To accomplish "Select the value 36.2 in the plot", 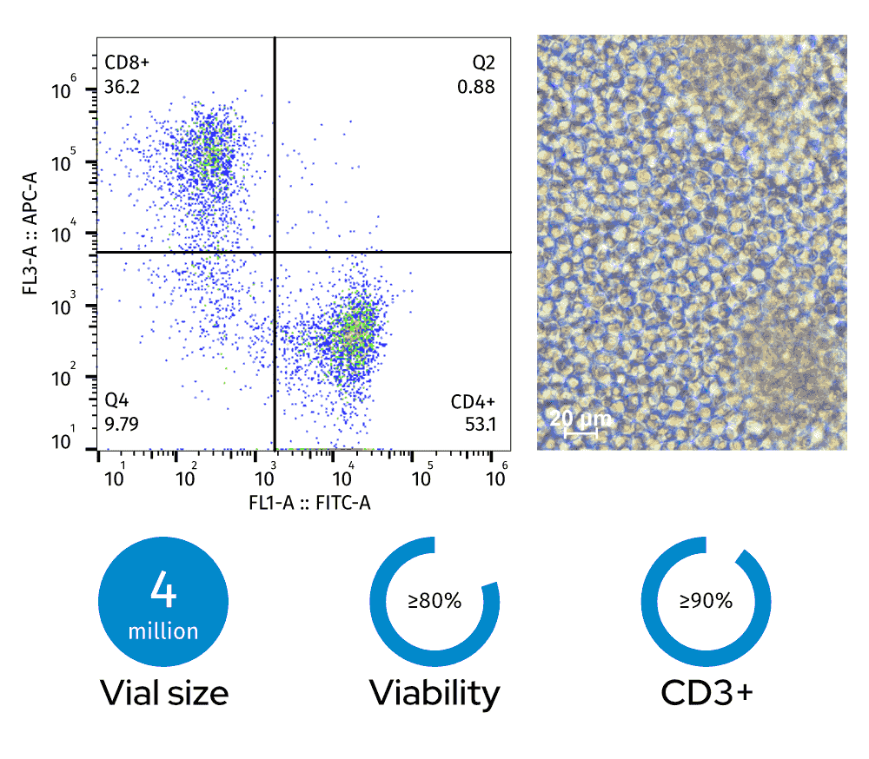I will pyautogui.click(x=121, y=87).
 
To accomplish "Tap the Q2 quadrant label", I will pyautogui.click(x=484, y=63).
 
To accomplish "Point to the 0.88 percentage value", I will pyautogui.click(x=477, y=87).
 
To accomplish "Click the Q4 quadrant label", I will pyautogui.click(x=116, y=401).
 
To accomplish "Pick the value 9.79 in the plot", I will pyautogui.click(x=121, y=424).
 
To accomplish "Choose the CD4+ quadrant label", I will pyautogui.click(x=473, y=401).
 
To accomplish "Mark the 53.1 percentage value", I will pyautogui.click(x=479, y=424).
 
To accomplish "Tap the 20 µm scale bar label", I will pyautogui.click(x=580, y=419).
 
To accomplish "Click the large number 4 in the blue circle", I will pyautogui.click(x=163, y=592).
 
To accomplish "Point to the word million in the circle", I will pyautogui.click(x=163, y=630).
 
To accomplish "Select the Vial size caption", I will pyautogui.click(x=164, y=693).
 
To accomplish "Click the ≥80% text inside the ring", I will pyautogui.click(x=434, y=600).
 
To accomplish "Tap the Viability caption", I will pyautogui.click(x=434, y=693).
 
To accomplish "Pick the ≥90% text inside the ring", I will pyautogui.click(x=706, y=600).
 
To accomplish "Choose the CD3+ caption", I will pyautogui.click(x=706, y=693).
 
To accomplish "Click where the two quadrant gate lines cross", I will pyautogui.click(x=275, y=252).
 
